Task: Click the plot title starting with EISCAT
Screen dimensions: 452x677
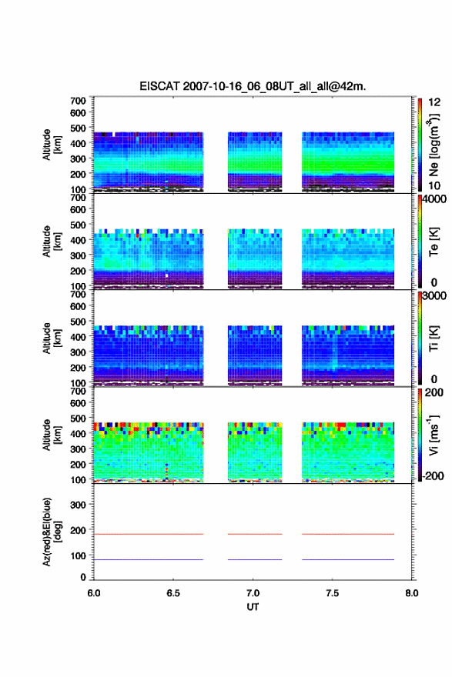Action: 253,86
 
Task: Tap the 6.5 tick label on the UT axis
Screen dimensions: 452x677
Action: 173,593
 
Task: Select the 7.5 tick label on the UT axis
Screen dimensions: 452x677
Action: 333,593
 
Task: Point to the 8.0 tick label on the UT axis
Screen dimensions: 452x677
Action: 412,593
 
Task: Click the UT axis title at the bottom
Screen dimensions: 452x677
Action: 253,607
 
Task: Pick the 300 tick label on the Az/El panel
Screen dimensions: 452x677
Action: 78,505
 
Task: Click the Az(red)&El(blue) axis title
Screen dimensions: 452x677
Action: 52,532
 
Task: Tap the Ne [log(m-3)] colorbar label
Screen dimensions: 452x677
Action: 434,145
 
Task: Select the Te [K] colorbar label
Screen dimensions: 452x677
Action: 434,242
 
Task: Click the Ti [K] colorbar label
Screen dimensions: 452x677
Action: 434,338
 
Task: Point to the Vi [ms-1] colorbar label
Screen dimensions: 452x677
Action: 434,435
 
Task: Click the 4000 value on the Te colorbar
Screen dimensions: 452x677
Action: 434,199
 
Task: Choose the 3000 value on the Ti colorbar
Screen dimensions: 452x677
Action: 434,296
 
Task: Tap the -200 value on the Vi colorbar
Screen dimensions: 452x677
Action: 433,475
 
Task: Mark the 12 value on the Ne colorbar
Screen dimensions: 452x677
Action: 434,102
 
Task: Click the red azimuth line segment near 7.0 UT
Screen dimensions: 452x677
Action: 255,534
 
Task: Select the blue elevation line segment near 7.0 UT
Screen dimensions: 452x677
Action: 255,559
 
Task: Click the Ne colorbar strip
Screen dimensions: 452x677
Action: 420,145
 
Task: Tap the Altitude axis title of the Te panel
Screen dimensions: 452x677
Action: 52,242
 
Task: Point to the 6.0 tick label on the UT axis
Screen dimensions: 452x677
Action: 94,593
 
